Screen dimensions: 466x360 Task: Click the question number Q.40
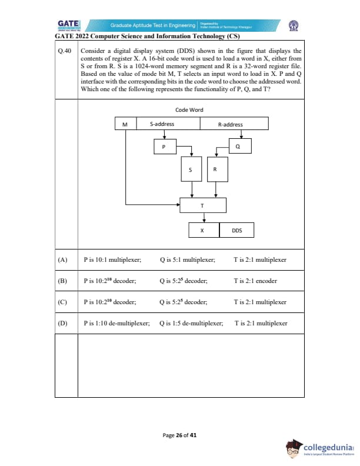tap(64, 52)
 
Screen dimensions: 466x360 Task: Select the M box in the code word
tap(125, 124)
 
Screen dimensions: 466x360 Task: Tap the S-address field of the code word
tap(162, 124)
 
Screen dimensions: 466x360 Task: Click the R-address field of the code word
tap(230, 124)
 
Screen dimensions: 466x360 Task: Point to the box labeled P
tap(165, 146)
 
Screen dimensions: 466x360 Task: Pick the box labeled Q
tap(237, 146)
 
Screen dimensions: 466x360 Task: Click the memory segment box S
tap(190, 169)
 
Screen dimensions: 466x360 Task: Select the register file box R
tap(215, 169)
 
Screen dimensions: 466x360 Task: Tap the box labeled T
tap(202, 206)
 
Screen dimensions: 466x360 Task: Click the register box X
tap(202, 230)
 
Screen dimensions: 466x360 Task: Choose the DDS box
tap(236, 230)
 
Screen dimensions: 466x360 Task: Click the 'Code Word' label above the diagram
tap(189, 110)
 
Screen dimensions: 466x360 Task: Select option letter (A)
tap(63, 259)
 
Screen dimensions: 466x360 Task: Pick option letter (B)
tap(63, 281)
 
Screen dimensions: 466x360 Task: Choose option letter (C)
tap(63, 302)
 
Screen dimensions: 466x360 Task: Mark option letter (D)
tap(63, 323)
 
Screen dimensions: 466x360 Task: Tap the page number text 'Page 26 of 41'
tap(180, 435)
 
